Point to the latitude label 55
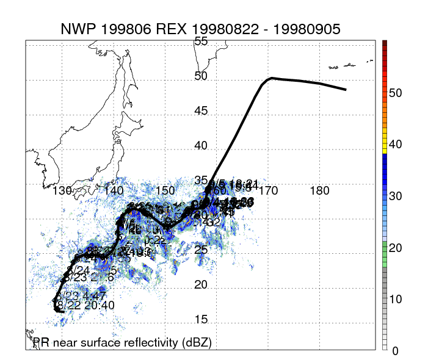coord(201,41)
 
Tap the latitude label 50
coord(201,76)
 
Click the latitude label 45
coord(201,111)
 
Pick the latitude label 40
coord(201,146)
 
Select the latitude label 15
coord(201,319)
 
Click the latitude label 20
coord(201,285)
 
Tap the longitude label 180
coord(321,191)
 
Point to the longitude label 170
coord(269,191)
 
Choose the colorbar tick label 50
coord(395,93)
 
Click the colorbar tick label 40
coord(395,145)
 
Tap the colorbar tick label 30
coord(395,196)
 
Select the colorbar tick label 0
coord(395,351)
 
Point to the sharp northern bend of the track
coord(270,78)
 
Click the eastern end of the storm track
coord(346,90)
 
